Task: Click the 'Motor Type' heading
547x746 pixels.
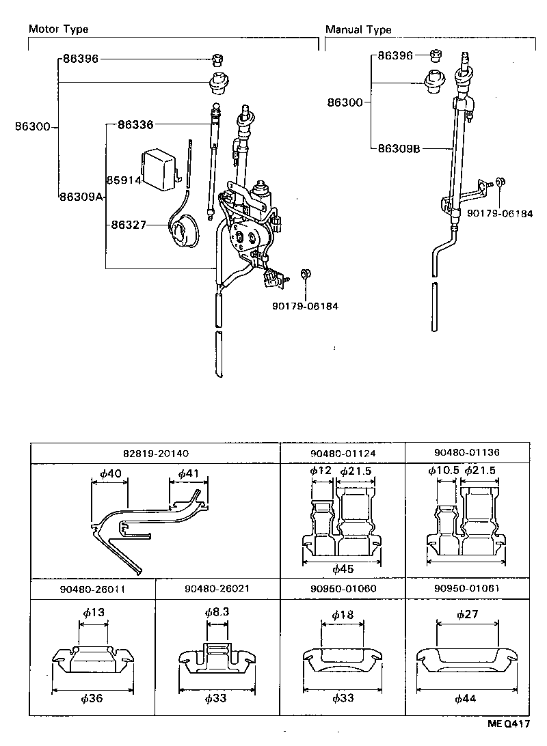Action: point(58,29)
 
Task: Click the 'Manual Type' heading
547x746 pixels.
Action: point(358,29)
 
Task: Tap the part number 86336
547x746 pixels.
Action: point(135,125)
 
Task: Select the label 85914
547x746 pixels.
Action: point(123,180)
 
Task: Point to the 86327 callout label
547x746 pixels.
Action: point(127,224)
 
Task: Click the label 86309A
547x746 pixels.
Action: point(81,197)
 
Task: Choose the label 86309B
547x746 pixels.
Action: point(399,148)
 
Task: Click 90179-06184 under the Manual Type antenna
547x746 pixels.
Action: point(499,214)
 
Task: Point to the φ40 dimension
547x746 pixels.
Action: point(110,473)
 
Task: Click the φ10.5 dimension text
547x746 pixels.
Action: point(442,470)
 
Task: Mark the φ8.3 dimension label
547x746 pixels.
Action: point(217,613)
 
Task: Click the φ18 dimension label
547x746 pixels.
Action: point(342,615)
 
